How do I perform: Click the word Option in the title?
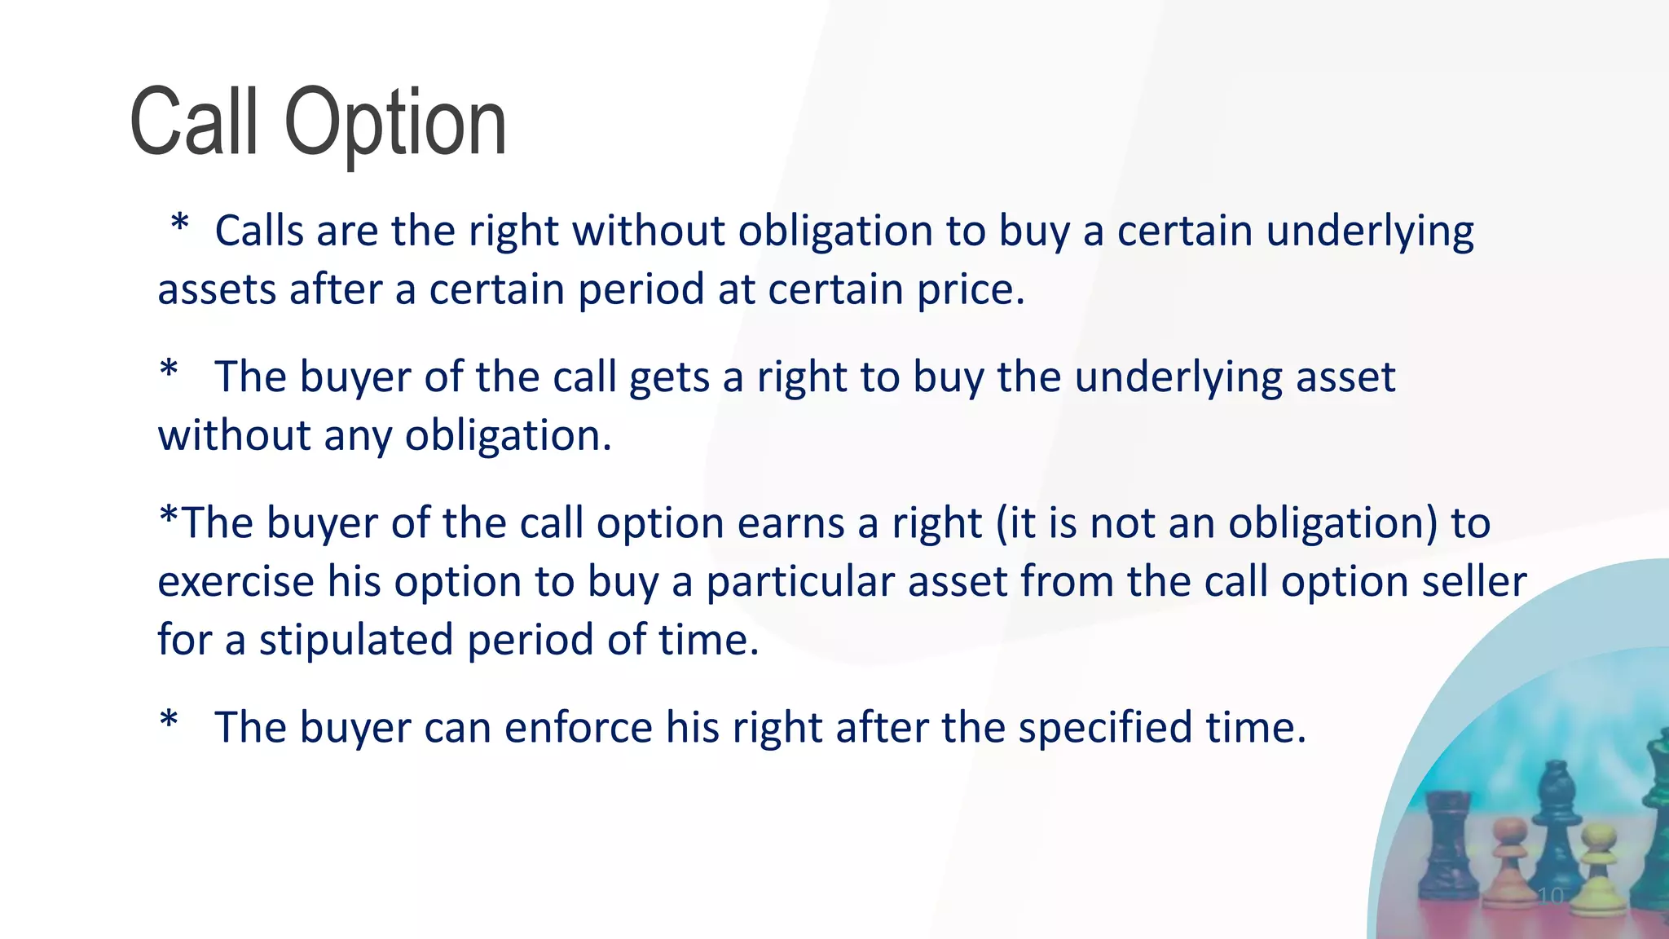click(x=395, y=124)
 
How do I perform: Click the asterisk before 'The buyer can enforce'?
click(x=169, y=722)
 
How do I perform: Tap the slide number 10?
click(x=1550, y=895)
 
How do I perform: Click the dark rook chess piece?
click(x=1447, y=848)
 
